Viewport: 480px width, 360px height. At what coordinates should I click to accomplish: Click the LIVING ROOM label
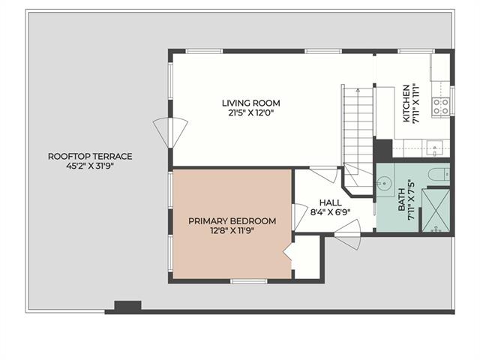click(251, 103)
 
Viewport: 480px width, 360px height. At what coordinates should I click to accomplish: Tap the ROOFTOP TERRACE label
click(90, 157)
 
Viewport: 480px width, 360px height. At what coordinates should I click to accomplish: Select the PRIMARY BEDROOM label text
click(232, 221)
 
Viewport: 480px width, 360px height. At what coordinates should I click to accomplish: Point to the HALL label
click(331, 202)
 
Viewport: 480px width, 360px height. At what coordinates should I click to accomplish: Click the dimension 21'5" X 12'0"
click(250, 113)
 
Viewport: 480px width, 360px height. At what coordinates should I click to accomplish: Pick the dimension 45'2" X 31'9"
click(90, 166)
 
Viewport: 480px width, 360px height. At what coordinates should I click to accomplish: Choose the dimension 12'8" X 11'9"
click(232, 230)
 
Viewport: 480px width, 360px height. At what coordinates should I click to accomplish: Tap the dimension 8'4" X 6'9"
click(330, 212)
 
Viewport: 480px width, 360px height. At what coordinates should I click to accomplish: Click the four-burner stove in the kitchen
click(441, 106)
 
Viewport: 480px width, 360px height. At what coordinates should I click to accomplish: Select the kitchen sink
click(435, 148)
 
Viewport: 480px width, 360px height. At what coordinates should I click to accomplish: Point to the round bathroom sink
click(382, 184)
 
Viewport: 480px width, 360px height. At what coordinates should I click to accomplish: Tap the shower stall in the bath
click(436, 210)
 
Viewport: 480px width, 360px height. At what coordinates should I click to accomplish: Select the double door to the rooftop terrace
click(170, 133)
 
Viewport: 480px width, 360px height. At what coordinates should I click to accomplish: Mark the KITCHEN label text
click(406, 103)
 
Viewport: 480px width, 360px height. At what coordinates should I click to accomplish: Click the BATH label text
click(402, 199)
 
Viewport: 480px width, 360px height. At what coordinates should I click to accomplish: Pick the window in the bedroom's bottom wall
click(249, 281)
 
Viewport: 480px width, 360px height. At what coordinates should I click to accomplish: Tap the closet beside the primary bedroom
click(307, 257)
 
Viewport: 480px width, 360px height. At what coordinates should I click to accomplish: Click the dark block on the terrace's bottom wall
click(127, 307)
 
